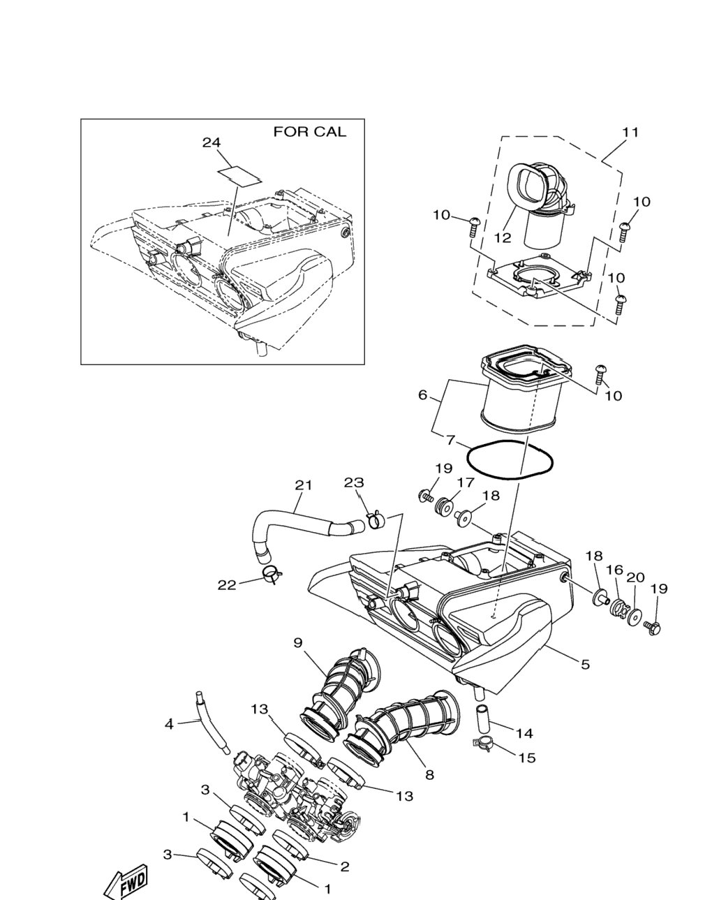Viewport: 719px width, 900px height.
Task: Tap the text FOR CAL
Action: (x=310, y=132)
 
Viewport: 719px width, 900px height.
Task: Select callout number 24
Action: (x=212, y=142)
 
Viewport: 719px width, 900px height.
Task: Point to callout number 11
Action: (x=630, y=133)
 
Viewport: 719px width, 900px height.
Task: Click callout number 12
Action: (x=503, y=237)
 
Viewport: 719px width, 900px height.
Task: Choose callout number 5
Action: (x=585, y=664)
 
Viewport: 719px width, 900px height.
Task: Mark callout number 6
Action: (x=423, y=394)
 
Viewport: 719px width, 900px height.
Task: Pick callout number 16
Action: (x=615, y=570)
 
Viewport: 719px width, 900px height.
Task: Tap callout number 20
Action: (x=635, y=577)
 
